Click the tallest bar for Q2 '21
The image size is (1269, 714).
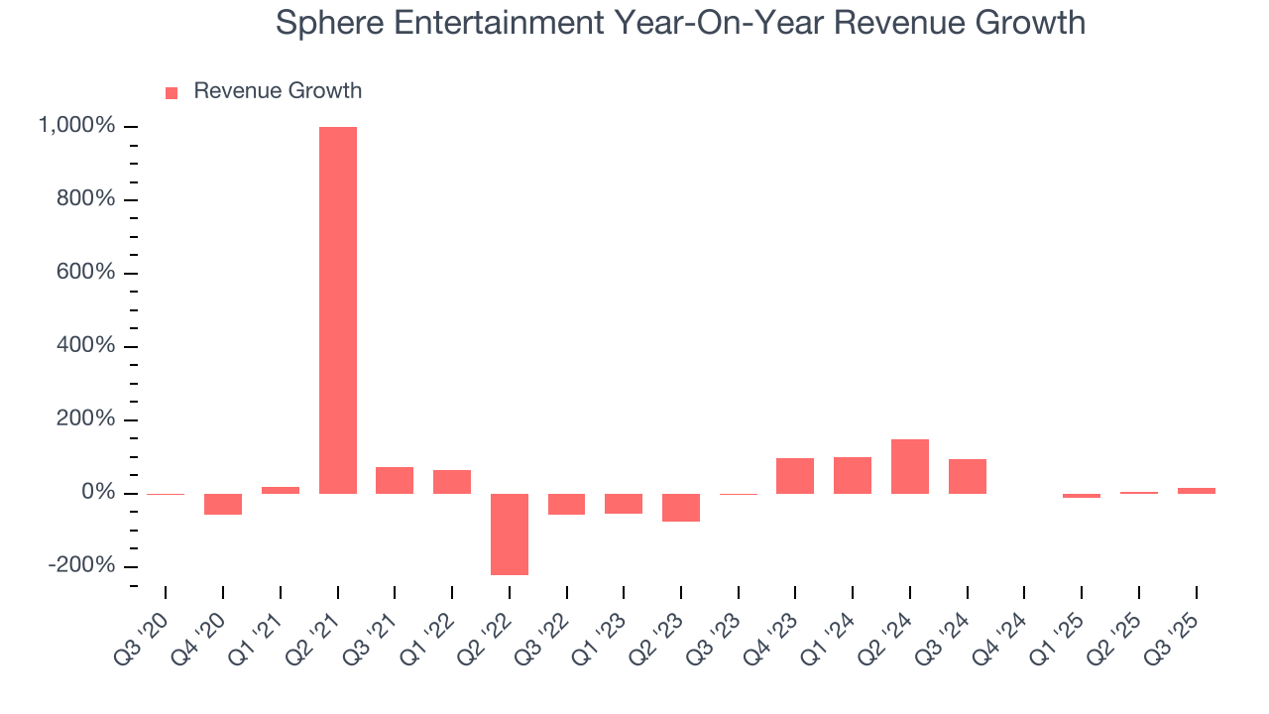tap(337, 309)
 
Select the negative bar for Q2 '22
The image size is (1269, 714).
tap(510, 534)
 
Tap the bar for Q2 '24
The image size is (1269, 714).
tap(909, 466)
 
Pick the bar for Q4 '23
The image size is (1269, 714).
tap(795, 476)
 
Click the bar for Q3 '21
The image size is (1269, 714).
tap(395, 480)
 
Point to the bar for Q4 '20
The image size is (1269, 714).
tap(223, 504)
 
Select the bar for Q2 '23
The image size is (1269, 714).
tap(681, 507)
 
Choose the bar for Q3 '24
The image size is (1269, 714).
tap(967, 476)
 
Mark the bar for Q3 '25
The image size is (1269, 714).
tap(1196, 490)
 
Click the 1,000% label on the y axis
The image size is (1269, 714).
tap(76, 126)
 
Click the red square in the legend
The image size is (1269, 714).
tap(172, 92)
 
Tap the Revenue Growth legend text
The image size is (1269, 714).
tap(278, 91)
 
